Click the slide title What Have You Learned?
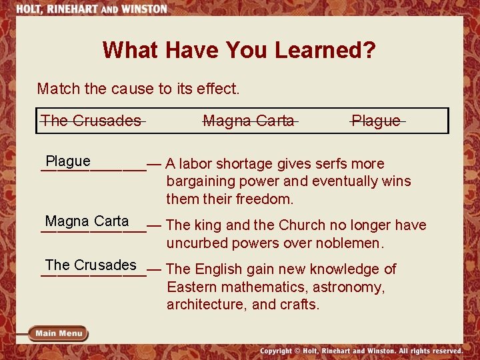239,50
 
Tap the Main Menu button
59,333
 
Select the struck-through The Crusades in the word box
91,121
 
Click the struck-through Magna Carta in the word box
249,121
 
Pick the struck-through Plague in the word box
377,121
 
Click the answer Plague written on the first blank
68,161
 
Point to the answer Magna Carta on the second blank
87,221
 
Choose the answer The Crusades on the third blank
91,265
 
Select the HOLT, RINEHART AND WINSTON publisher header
91,9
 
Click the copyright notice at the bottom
361,351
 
